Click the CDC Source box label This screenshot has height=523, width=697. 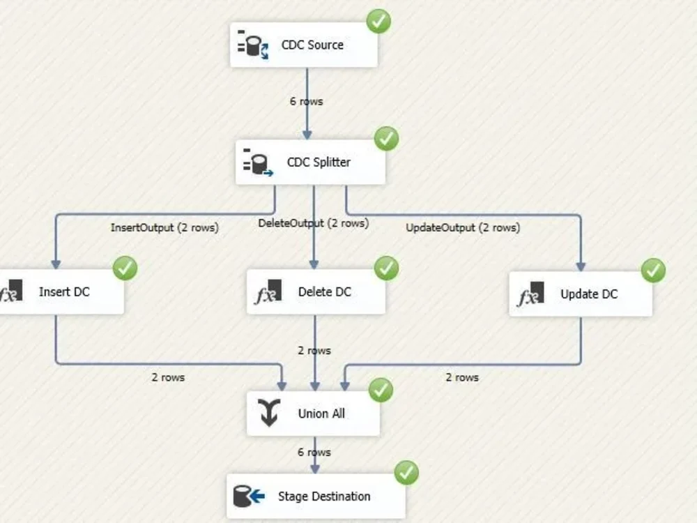312,45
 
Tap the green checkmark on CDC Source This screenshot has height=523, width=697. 378,21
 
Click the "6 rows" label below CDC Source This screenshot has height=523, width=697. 306,101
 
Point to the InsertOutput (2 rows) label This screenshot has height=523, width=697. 164,227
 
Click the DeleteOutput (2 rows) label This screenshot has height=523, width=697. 313,223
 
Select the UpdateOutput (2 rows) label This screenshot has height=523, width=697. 462,227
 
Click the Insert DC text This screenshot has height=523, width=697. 64,291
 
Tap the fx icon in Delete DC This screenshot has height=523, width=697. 268,292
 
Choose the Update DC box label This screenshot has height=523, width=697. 588,294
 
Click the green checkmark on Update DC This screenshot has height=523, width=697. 653,270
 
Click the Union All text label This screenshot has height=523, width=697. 321,414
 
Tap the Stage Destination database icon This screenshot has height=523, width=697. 249,497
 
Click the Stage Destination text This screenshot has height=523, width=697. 324,497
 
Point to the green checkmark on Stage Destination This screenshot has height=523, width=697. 406,473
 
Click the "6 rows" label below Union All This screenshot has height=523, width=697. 314,452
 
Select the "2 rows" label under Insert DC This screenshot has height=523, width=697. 168,377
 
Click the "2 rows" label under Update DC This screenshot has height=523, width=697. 462,377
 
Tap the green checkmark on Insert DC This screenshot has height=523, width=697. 125,268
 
